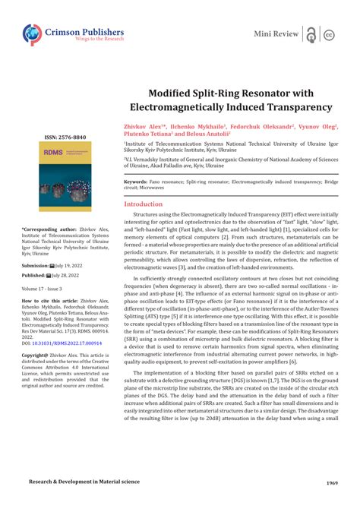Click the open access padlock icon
tap(311, 34)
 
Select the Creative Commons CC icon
tap(330, 35)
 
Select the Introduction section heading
tap(148, 204)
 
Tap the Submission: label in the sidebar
tap(35, 267)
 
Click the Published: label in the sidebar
tap(35, 277)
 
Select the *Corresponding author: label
tap(47, 229)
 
